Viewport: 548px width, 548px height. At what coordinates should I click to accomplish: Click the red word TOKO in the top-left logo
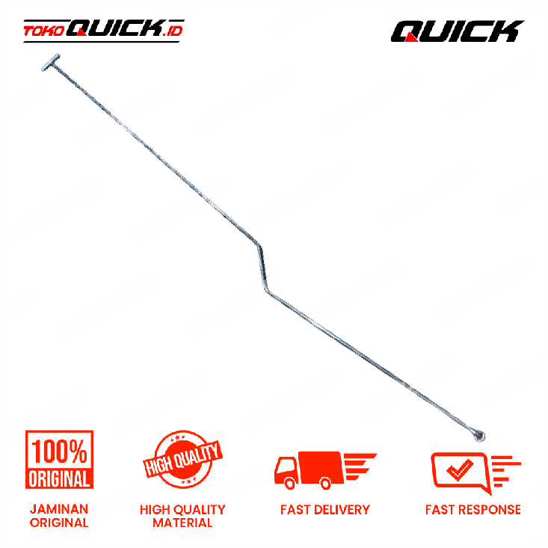(x=44, y=31)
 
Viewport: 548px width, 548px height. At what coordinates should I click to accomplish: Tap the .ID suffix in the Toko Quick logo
(x=173, y=31)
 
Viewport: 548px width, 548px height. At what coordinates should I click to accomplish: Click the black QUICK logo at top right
(x=457, y=31)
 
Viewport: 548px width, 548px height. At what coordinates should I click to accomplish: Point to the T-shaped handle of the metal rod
(x=51, y=63)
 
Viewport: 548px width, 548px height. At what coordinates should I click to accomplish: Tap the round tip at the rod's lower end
(x=478, y=435)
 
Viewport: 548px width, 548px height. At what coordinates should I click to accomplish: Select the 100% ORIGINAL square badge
(x=59, y=459)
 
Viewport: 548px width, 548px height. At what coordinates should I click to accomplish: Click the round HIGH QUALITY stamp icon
(x=182, y=458)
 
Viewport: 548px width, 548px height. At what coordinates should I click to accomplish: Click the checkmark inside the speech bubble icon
(x=460, y=469)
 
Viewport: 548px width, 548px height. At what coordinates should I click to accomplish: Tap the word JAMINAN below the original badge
(x=59, y=509)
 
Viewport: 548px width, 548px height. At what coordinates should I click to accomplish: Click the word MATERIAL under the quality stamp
(x=182, y=523)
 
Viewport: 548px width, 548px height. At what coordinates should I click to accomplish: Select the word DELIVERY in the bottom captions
(x=342, y=510)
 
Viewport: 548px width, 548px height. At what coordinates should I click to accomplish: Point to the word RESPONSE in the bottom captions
(x=490, y=510)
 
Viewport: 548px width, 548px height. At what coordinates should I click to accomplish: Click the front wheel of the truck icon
(x=290, y=484)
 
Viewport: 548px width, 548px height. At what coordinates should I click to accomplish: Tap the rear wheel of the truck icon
(x=326, y=484)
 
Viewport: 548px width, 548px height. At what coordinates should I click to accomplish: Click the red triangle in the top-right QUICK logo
(x=411, y=37)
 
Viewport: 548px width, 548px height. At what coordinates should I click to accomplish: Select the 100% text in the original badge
(x=59, y=452)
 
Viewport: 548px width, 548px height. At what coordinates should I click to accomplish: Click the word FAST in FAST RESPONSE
(x=440, y=510)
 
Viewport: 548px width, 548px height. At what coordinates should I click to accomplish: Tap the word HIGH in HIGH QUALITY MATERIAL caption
(x=154, y=510)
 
